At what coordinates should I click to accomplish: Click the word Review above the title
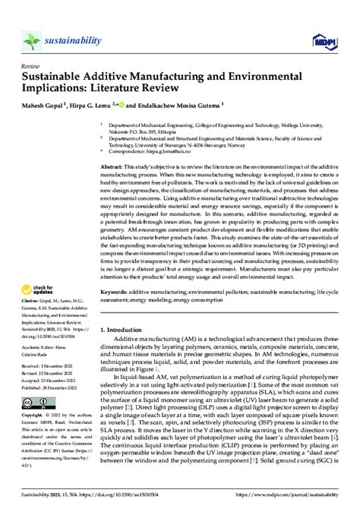pyautogui.click(x=30, y=66)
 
